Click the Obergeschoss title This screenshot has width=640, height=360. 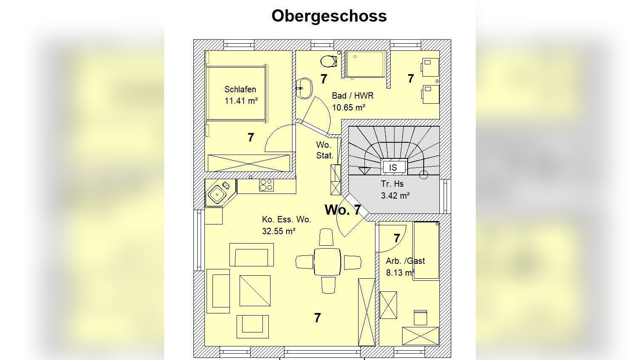coord(329,16)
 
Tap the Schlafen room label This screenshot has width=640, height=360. coord(240,89)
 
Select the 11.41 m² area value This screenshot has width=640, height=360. coord(241,101)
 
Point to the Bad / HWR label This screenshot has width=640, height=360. coord(353,96)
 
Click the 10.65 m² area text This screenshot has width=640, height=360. coord(348,108)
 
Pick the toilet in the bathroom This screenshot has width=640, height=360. coord(328,61)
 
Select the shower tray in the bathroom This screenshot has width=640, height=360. coord(365,64)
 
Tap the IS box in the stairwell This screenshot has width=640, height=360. coord(393,167)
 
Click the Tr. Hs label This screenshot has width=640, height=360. coord(392,184)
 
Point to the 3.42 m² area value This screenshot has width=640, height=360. coord(395,196)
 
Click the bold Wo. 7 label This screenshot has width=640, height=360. coord(342,210)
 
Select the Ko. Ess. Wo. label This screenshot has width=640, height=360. coord(287,219)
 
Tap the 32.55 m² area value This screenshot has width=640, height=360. coord(279,231)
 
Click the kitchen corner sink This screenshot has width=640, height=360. coord(217,194)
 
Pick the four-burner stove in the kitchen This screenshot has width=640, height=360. coord(266,185)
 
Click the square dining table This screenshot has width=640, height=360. coord(328,262)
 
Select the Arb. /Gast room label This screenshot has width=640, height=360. coord(405,261)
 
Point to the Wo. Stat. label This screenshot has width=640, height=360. coord(325,150)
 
